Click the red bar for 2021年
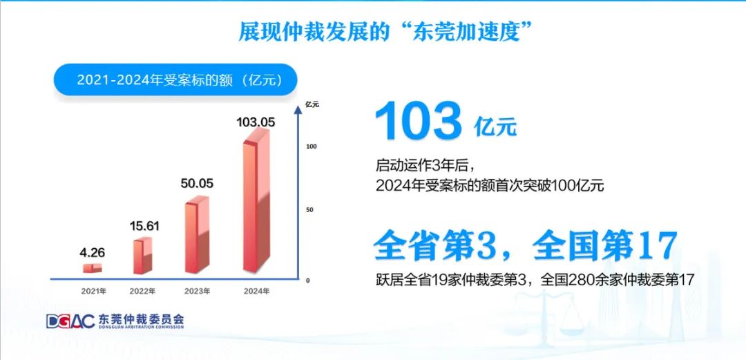point(93,267)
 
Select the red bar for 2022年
point(142,256)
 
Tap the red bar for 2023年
point(197,235)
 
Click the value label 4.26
point(93,252)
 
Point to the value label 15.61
point(144,226)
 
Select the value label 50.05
point(197,183)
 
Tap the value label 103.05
point(256,122)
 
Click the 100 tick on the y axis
point(311,146)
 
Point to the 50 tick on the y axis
point(309,210)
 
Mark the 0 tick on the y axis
point(307,281)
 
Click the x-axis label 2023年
point(197,291)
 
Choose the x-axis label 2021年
point(93,291)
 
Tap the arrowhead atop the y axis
point(298,110)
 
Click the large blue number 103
point(419,121)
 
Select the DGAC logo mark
point(70,321)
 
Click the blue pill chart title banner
point(175,79)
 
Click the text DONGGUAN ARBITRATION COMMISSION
point(142,327)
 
